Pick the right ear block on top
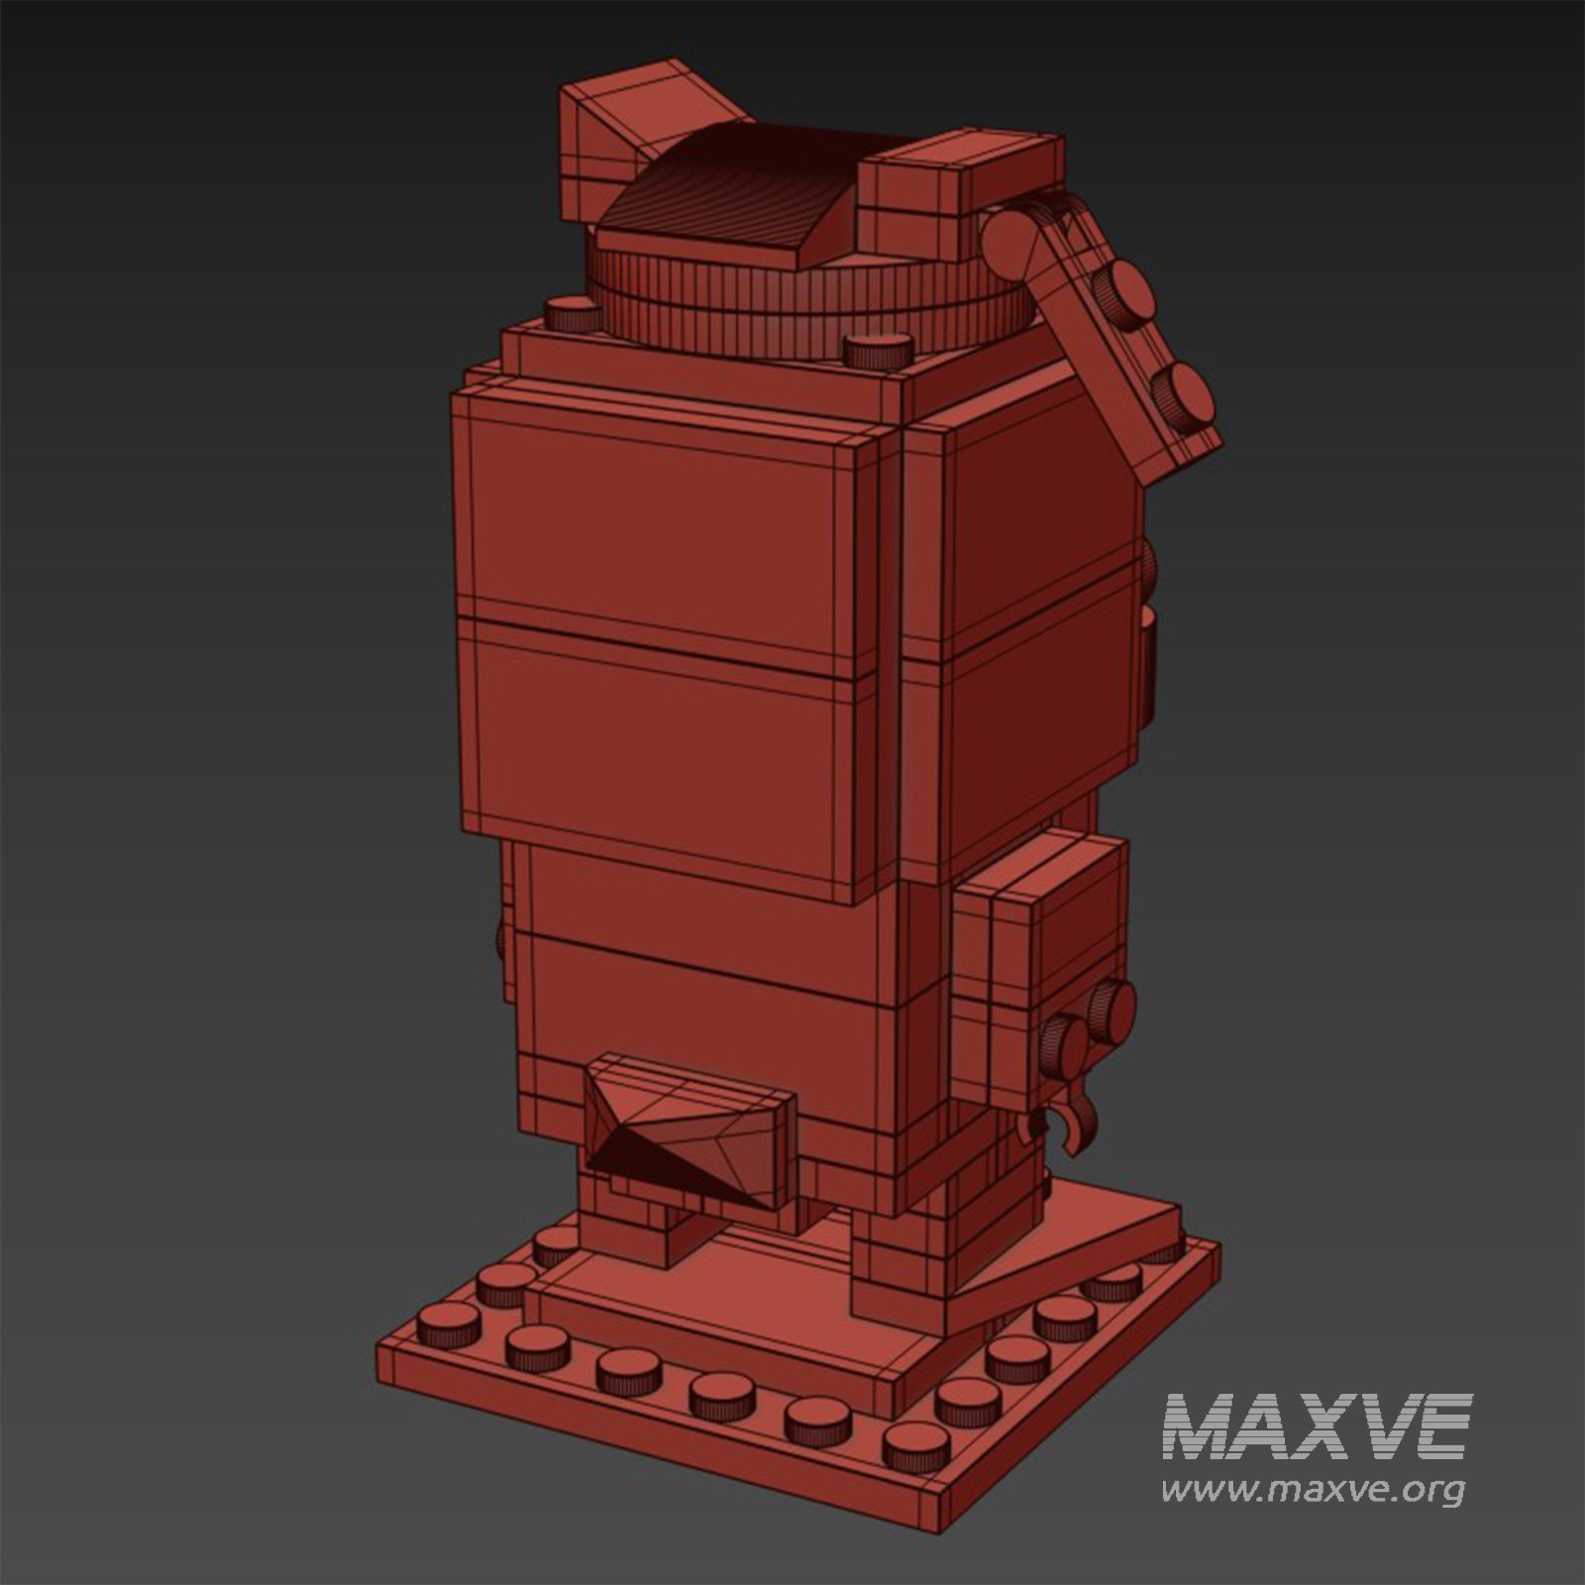956,193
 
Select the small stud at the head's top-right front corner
878,350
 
